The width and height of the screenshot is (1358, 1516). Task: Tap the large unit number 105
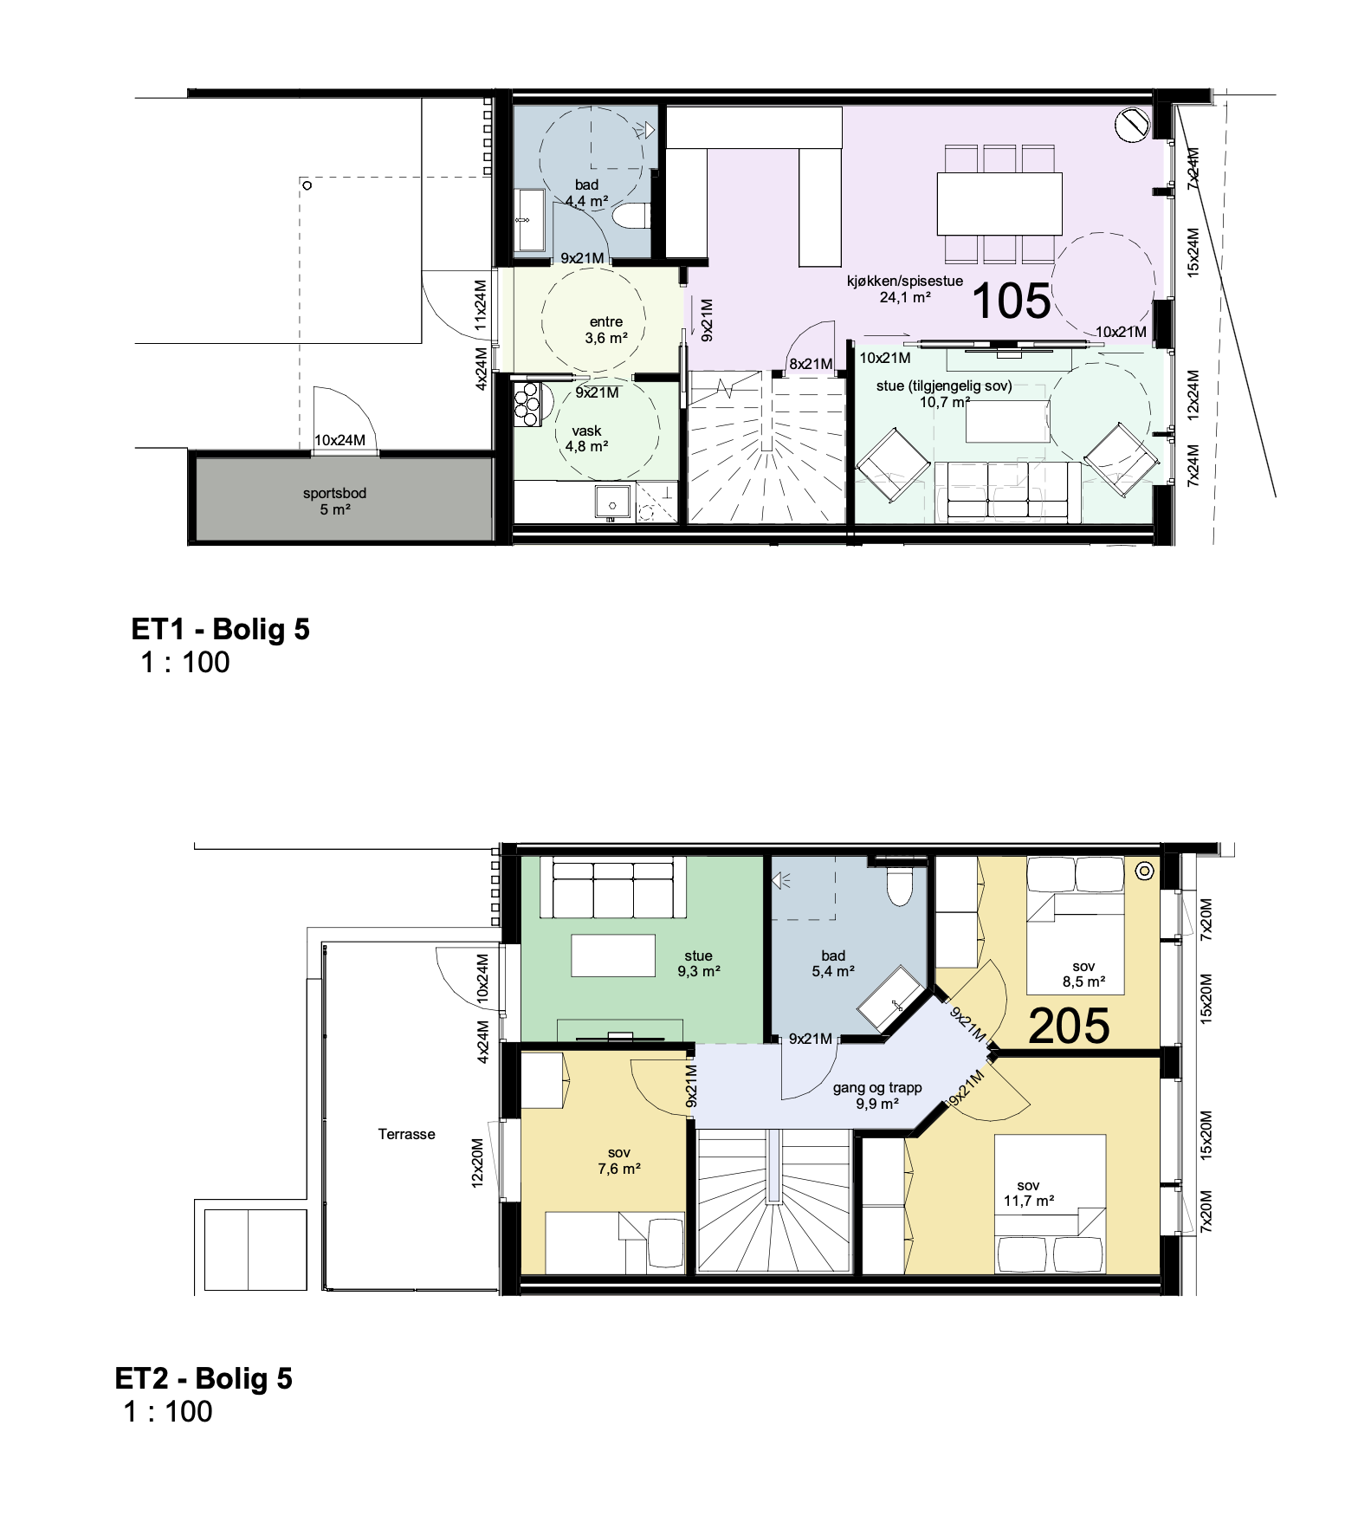point(1011,301)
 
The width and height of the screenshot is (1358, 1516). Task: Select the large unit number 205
point(1069,1027)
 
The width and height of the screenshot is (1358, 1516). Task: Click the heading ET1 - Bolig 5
point(220,629)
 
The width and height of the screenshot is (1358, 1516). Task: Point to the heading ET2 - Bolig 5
point(204,1378)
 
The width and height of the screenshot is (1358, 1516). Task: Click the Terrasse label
point(406,1134)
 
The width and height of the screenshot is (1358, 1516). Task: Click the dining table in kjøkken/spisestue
point(999,204)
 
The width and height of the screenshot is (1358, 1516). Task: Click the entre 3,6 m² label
point(606,330)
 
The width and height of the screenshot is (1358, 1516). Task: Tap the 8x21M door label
point(811,364)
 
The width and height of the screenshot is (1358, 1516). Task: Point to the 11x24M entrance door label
point(481,306)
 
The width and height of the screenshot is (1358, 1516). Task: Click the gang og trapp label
point(877,1096)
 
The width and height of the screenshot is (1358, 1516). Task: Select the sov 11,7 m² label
point(1029,1193)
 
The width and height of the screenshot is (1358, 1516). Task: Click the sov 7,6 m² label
point(619,1161)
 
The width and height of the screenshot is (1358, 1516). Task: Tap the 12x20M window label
point(477,1163)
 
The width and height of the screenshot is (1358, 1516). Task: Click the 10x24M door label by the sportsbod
point(339,440)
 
